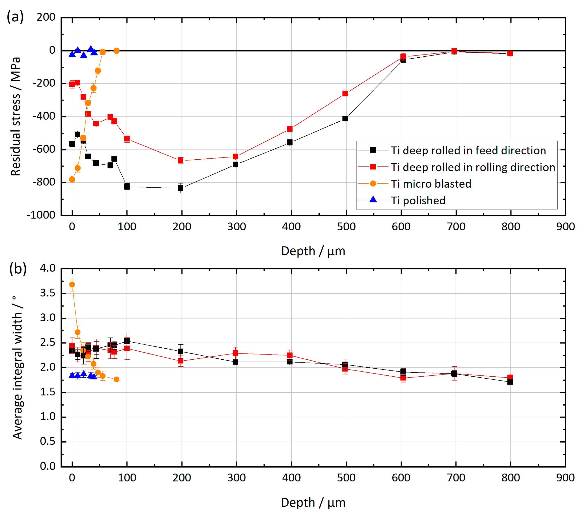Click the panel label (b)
[x=18, y=268]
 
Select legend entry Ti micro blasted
[x=431, y=184]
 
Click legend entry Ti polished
[x=418, y=200]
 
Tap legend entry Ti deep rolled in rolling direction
[x=473, y=167]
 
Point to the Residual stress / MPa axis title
[x=15, y=116]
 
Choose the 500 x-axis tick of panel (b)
[x=346, y=478]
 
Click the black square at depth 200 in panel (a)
[x=180, y=188]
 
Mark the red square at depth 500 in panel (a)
[x=345, y=93]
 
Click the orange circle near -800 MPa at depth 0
[x=72, y=179]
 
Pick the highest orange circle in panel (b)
[x=72, y=284]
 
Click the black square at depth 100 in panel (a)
[x=127, y=186]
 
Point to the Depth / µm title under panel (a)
[x=313, y=251]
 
